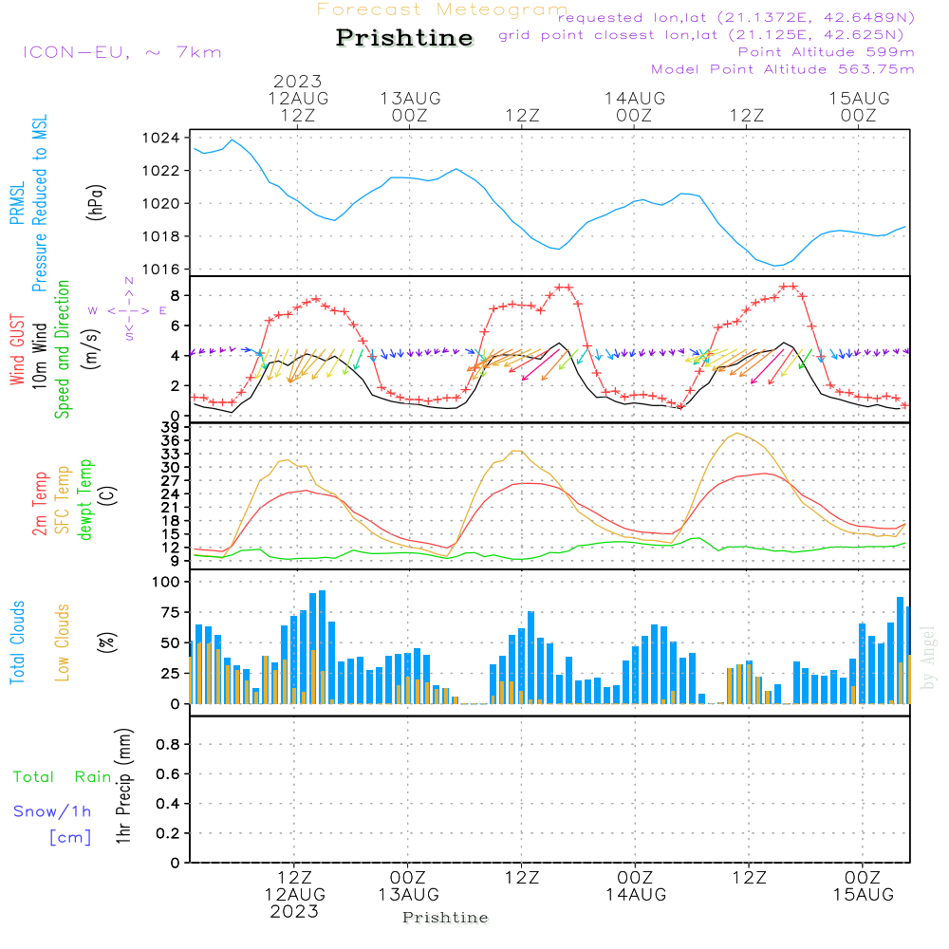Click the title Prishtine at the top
click(404, 38)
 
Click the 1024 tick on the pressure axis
click(161, 138)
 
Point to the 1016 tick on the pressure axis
click(161, 270)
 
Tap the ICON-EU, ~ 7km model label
click(122, 52)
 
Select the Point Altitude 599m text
click(827, 52)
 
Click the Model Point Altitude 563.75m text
click(783, 69)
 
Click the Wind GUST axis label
click(17, 350)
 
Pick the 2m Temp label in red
click(40, 504)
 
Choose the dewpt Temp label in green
click(84, 499)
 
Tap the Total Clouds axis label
click(17, 642)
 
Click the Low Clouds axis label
click(63, 642)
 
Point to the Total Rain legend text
click(63, 776)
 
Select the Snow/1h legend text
click(52, 811)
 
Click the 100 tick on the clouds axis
click(166, 582)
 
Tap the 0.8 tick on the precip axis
click(168, 744)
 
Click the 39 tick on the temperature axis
click(170, 427)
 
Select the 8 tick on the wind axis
click(175, 295)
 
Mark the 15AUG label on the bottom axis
click(863, 894)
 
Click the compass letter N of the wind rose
click(129, 281)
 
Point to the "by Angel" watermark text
click(927, 658)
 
